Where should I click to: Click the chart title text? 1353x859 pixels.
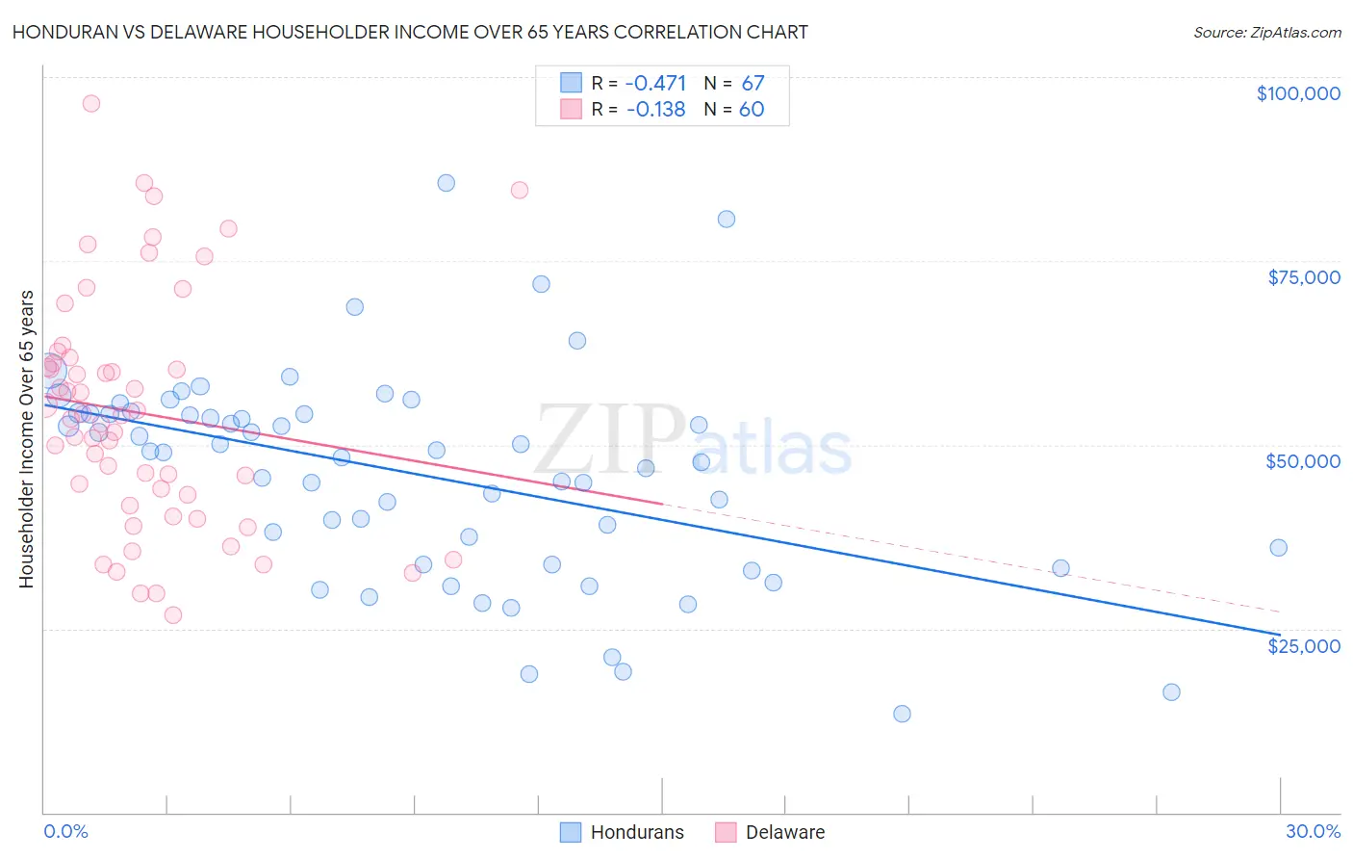(410, 32)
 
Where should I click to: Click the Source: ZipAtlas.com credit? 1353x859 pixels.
(1266, 32)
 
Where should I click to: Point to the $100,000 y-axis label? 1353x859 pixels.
(1298, 93)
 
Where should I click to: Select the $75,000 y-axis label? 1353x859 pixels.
(1303, 277)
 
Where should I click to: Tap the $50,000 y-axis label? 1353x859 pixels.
(1302, 461)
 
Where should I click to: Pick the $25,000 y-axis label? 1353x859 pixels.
(1303, 645)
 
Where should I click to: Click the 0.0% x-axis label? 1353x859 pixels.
(65, 831)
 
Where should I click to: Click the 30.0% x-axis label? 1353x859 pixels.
(1313, 831)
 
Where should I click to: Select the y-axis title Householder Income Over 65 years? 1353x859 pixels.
(26, 438)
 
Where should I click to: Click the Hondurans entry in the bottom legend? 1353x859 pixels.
(636, 832)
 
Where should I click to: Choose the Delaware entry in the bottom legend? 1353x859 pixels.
(784, 832)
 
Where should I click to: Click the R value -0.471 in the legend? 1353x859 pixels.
(655, 83)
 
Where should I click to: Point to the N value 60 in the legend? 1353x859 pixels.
(751, 109)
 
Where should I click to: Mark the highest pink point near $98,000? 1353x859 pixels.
(91, 103)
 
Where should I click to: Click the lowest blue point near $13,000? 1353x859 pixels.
(902, 714)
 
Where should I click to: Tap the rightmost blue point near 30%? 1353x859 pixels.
(1278, 547)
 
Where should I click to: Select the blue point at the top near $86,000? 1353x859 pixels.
(446, 183)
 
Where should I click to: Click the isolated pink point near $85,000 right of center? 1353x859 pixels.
(519, 190)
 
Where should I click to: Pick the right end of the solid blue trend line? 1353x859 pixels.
(1279, 635)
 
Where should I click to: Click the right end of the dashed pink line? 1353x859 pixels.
(1279, 612)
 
